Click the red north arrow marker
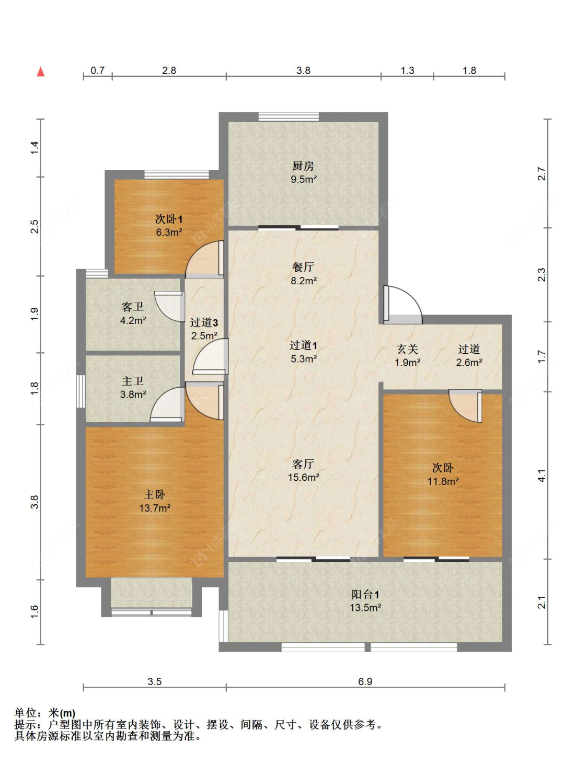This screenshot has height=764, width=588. tap(41, 72)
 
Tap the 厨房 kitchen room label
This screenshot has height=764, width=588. tap(303, 166)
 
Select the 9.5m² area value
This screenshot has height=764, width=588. tap(304, 179)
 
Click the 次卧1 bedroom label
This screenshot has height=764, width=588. tap(169, 219)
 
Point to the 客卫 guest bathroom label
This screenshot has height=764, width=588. tap(133, 307)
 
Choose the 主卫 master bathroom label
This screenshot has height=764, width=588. tap(133, 381)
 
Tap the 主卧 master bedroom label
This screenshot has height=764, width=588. tap(154, 495)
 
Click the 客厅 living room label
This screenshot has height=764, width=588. tap(303, 464)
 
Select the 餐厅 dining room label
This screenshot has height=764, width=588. tap(303, 267)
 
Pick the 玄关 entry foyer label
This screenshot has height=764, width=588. tap(408, 349)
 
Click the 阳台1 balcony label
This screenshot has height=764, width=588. tap(365, 595)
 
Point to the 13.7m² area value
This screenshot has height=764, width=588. tap(155, 508)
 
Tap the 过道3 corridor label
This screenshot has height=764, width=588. tap(204, 322)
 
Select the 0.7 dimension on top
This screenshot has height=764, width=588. tap(97, 71)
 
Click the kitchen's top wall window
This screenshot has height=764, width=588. tap(289, 117)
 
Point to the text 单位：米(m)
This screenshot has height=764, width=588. tap(44, 713)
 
